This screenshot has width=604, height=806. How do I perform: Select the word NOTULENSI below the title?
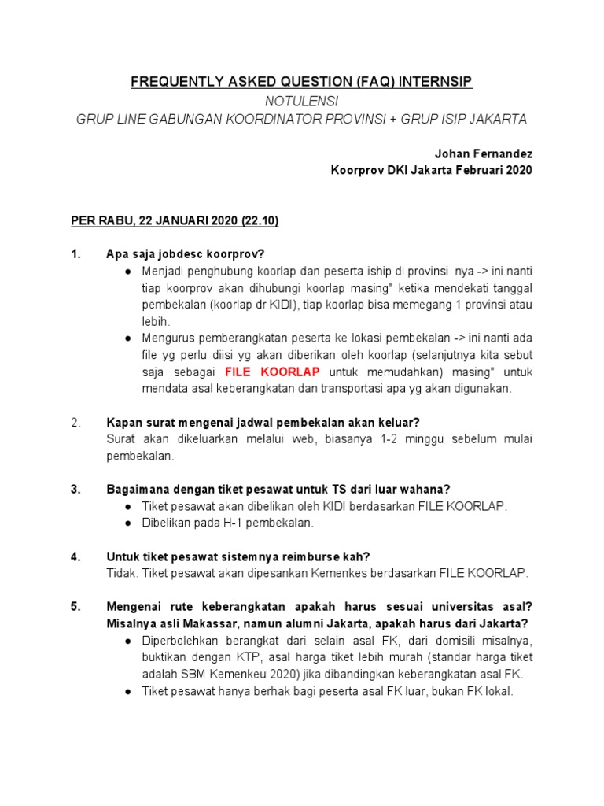(302, 101)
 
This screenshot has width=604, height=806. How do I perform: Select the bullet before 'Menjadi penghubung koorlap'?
(127, 272)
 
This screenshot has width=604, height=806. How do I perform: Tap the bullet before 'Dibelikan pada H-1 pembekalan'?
(127, 523)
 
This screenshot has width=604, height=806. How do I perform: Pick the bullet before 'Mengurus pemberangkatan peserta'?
(127, 338)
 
